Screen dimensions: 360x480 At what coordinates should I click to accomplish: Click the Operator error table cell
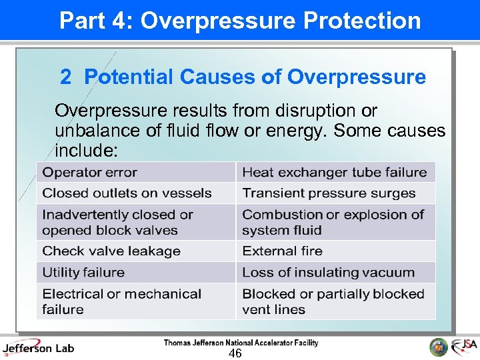click(x=136, y=173)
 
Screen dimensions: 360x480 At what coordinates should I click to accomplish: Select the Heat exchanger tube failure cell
click(x=335, y=173)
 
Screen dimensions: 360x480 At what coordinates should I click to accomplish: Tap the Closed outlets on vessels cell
click(x=136, y=193)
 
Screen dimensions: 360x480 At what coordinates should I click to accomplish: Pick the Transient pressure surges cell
click(x=335, y=193)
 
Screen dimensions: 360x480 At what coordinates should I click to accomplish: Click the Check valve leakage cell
click(x=136, y=251)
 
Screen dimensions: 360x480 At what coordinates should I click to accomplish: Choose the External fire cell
click(x=335, y=251)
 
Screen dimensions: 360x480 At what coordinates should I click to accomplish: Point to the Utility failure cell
click(x=136, y=273)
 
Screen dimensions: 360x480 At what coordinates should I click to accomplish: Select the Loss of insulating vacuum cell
click(x=335, y=273)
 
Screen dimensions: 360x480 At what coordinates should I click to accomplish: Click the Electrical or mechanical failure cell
click(x=136, y=301)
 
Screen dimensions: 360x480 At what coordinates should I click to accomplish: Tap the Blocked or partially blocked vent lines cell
click(x=335, y=301)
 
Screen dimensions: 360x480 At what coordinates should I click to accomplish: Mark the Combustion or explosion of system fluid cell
click(x=335, y=222)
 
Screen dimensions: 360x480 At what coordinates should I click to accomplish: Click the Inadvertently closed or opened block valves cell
click(x=136, y=222)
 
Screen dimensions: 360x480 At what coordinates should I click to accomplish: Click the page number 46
click(x=235, y=353)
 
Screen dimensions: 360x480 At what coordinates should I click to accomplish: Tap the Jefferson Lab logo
click(x=38, y=347)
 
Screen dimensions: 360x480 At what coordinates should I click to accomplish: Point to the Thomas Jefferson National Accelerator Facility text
click(x=241, y=343)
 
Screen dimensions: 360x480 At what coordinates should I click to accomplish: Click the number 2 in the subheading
click(x=65, y=77)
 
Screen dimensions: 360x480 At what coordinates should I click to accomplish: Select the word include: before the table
click(x=87, y=151)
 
